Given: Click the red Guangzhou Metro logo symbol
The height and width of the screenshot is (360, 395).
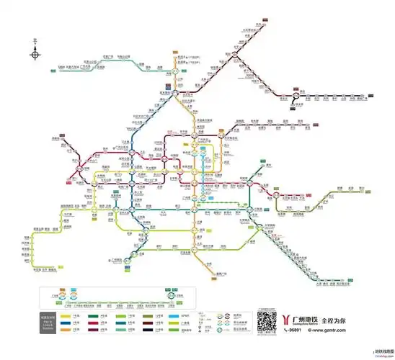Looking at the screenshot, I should (289, 319).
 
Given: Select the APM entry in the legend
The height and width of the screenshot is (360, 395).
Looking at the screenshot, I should (177, 315).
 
